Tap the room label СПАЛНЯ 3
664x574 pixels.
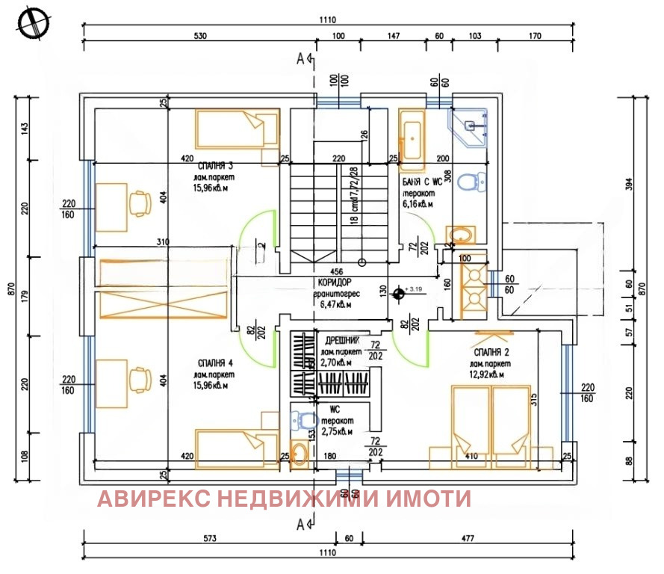point(211,165)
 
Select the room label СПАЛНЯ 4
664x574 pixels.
point(213,363)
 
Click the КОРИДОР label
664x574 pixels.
point(335,283)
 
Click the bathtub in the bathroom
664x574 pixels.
point(411,135)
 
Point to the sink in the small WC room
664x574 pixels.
point(300,454)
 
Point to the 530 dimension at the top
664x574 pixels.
point(199,35)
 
